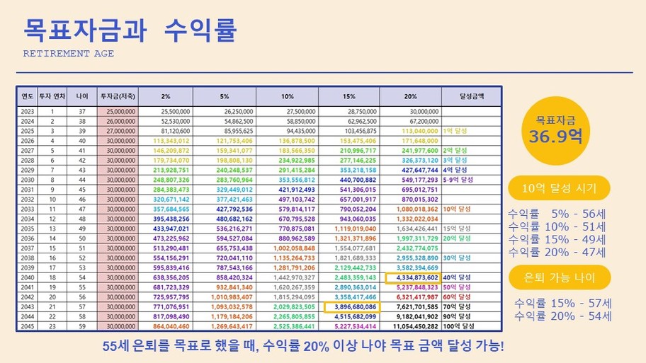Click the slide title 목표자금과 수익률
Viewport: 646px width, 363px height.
[x=130, y=30]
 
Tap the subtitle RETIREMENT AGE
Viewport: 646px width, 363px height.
[x=69, y=54]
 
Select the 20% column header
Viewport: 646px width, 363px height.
[x=411, y=96]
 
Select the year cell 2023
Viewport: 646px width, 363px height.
[x=28, y=111]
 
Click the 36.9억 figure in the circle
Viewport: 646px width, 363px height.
[x=555, y=135]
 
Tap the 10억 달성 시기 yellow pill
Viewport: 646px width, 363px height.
[x=559, y=188]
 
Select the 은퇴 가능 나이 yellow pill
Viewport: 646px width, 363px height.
[x=559, y=277]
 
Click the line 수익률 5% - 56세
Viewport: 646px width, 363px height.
[x=557, y=214]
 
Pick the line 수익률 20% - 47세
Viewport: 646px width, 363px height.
[x=557, y=252]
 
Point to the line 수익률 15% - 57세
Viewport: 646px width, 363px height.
[x=562, y=303]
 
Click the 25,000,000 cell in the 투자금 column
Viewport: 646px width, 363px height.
[x=119, y=111]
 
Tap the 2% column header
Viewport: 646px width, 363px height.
[x=165, y=96]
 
